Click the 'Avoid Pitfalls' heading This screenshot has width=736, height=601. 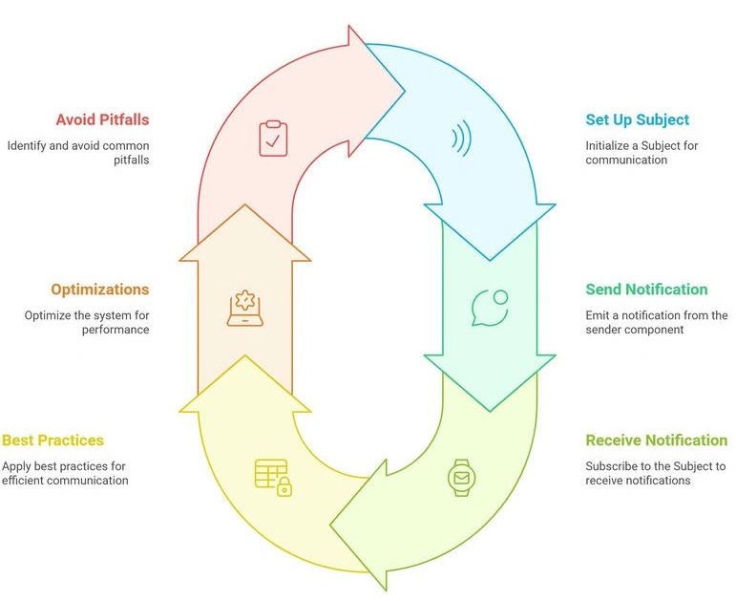pos(102,119)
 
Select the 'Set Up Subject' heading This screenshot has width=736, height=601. pos(637,119)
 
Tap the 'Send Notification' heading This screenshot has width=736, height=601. pos(646,289)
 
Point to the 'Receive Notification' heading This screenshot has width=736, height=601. pos(656,440)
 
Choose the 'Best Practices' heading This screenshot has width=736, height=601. pos(53,440)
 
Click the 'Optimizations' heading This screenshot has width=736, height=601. pos(100,290)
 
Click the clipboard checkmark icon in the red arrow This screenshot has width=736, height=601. pos(273,139)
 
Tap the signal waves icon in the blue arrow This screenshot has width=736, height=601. pos(462,139)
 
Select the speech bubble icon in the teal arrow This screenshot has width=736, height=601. pos(490,308)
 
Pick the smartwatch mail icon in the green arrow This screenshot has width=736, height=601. pos(461,478)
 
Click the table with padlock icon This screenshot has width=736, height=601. pos(273,478)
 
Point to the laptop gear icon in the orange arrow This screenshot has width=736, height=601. pos(245,308)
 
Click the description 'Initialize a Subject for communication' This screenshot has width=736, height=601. pos(641,153)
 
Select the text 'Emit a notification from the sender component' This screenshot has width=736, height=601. pos(656,322)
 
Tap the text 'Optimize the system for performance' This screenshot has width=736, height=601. pos(87,322)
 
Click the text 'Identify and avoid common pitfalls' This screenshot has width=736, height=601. pos(78,153)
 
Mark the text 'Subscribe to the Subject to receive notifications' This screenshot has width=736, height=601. pos(655,473)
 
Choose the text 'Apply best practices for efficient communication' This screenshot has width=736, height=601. pos(65,473)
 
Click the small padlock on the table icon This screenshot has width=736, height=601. pos(284,487)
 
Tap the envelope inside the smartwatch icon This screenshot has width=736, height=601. pos(461,478)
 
